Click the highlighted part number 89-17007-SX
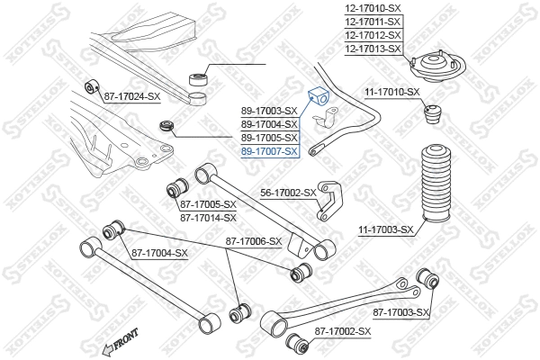[x=268, y=152]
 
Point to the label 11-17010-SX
[x=391, y=92]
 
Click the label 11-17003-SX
[x=385, y=229]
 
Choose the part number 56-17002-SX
[x=288, y=193]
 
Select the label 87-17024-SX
[x=131, y=95]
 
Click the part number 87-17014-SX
[x=208, y=217]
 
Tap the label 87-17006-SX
[x=254, y=241]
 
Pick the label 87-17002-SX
[x=342, y=332]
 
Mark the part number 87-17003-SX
[x=402, y=312]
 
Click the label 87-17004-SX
[x=159, y=253]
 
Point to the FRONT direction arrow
[x=121, y=341]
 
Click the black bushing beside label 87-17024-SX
[x=90, y=87]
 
